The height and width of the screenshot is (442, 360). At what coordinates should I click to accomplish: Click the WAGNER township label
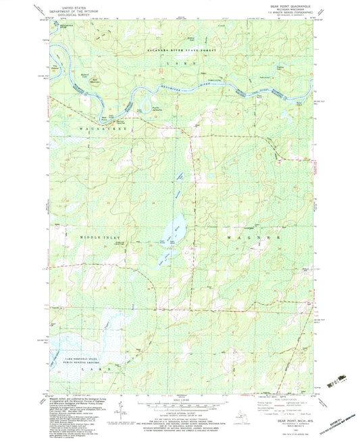(256, 239)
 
